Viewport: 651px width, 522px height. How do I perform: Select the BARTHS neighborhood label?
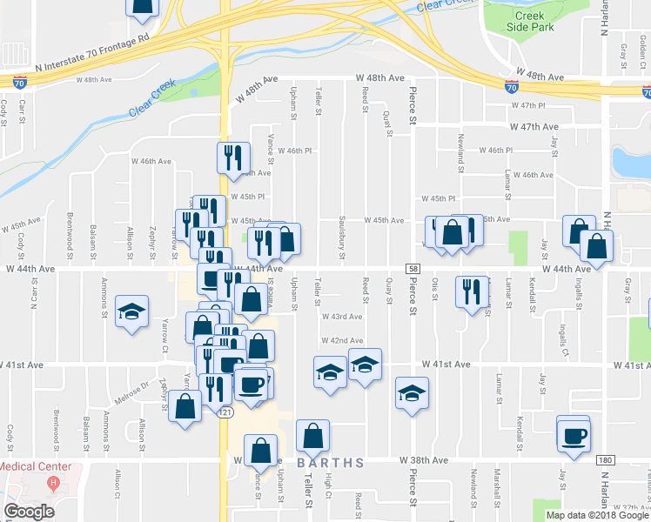(x=332, y=463)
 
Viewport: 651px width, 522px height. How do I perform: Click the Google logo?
(x=29, y=512)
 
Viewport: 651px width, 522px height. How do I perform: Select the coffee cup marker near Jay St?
(x=574, y=435)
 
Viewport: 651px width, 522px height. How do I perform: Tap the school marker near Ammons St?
(x=131, y=312)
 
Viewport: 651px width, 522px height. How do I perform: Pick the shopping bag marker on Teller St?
(x=312, y=436)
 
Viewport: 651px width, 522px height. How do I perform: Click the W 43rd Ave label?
(x=341, y=317)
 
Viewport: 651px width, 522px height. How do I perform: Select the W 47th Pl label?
(x=527, y=105)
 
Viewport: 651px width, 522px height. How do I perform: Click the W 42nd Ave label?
(x=341, y=341)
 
